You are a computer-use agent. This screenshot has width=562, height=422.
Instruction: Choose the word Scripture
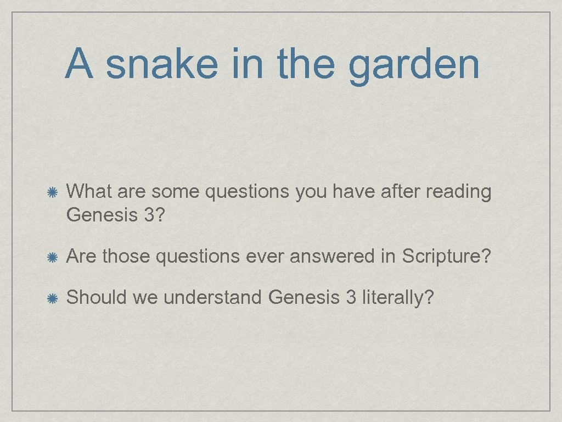(444, 256)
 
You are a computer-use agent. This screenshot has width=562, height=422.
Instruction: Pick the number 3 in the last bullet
(351, 297)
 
